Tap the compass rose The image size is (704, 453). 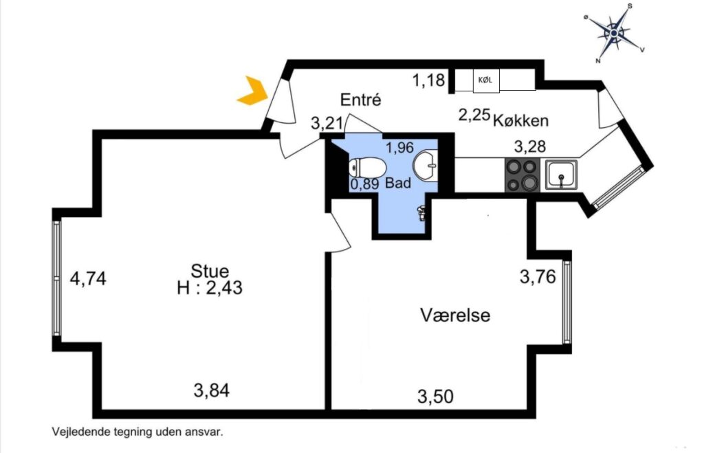(614, 33)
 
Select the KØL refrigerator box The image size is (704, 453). (486, 81)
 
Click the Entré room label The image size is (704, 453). (360, 99)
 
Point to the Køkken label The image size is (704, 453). (521, 120)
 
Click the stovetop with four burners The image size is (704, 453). (522, 175)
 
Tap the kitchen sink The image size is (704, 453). (561, 175)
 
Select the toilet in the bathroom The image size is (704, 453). (367, 168)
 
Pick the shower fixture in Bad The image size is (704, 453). (421, 213)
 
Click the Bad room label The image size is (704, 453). (398, 183)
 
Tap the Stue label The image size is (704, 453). (210, 271)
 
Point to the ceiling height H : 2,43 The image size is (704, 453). (210, 287)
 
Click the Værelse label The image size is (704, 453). (455, 315)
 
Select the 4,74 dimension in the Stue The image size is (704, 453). (88, 278)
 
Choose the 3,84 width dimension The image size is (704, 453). (212, 390)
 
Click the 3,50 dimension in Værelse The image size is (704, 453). (435, 397)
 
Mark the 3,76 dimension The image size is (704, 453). (538, 276)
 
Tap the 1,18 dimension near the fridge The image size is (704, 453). (429, 80)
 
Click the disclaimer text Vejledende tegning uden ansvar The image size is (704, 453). (137, 432)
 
